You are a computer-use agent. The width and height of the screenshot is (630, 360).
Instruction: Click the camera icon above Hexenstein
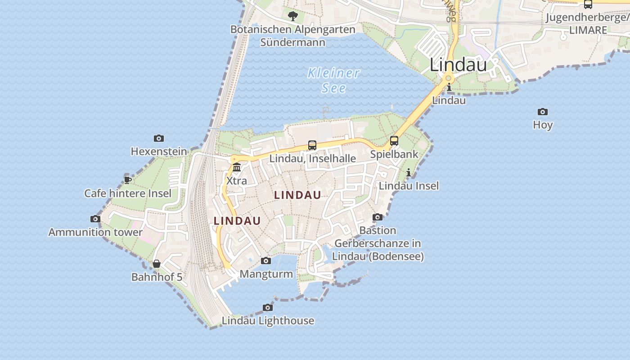point(159,139)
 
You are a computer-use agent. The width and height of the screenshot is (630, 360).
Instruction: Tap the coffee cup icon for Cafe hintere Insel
point(128,180)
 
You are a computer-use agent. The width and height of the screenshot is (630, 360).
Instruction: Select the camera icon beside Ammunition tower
point(95,219)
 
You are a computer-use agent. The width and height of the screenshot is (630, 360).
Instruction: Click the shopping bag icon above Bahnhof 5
point(157,264)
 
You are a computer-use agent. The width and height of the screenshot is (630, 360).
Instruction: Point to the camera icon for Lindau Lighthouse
point(268,308)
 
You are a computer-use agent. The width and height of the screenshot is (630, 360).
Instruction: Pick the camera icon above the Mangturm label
point(266,261)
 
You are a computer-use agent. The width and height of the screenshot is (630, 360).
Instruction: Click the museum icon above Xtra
point(237,168)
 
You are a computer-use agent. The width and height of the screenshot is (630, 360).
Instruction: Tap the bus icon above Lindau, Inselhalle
point(312,145)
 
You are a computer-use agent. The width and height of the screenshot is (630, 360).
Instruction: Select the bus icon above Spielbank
point(394,141)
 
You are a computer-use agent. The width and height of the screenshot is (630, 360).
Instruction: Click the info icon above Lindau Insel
point(409,172)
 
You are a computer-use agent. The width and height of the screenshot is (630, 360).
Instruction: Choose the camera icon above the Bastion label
point(378,217)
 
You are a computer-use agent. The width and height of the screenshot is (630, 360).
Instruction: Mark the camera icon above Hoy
point(543,112)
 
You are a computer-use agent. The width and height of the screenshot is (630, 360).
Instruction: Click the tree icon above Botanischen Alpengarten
point(293,17)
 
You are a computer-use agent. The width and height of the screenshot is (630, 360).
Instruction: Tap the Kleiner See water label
point(334,80)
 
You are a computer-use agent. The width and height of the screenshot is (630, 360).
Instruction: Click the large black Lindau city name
point(458,65)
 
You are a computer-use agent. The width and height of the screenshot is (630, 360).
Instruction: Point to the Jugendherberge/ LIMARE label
point(588,24)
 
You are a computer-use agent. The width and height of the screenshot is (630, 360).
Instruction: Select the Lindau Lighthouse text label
point(268,321)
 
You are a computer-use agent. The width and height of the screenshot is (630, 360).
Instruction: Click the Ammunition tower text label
point(95,232)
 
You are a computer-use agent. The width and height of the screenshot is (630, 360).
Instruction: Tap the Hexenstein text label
point(159,152)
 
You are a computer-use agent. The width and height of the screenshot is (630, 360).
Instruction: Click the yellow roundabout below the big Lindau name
point(448,78)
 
